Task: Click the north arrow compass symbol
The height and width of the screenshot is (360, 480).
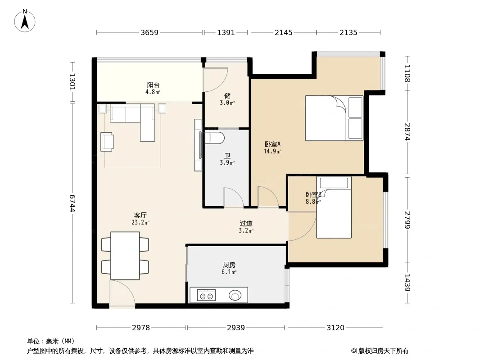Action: click(x=25, y=21)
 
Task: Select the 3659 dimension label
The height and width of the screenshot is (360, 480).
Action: click(x=149, y=32)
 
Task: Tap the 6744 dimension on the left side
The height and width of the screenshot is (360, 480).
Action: click(x=72, y=203)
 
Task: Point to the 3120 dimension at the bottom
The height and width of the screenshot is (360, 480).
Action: click(x=335, y=328)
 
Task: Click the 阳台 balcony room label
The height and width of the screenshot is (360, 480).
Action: click(x=153, y=85)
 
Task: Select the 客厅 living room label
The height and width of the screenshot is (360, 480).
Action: click(x=140, y=216)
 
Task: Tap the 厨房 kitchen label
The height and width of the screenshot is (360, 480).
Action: click(x=229, y=265)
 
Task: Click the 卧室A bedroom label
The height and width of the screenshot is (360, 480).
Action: click(x=272, y=144)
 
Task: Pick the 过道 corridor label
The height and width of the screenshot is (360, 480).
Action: click(x=246, y=224)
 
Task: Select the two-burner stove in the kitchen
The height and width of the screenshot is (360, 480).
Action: click(x=206, y=295)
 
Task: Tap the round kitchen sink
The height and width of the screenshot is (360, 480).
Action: click(x=235, y=296)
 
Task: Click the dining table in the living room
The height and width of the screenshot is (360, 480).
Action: click(x=125, y=256)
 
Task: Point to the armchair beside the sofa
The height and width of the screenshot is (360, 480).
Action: click(x=107, y=142)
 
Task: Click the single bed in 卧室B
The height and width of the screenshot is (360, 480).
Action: click(x=334, y=207)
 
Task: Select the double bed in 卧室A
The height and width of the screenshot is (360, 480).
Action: click(x=334, y=118)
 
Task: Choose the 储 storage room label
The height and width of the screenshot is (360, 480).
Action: click(x=227, y=96)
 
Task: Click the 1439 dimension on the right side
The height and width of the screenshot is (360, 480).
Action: click(x=407, y=283)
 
